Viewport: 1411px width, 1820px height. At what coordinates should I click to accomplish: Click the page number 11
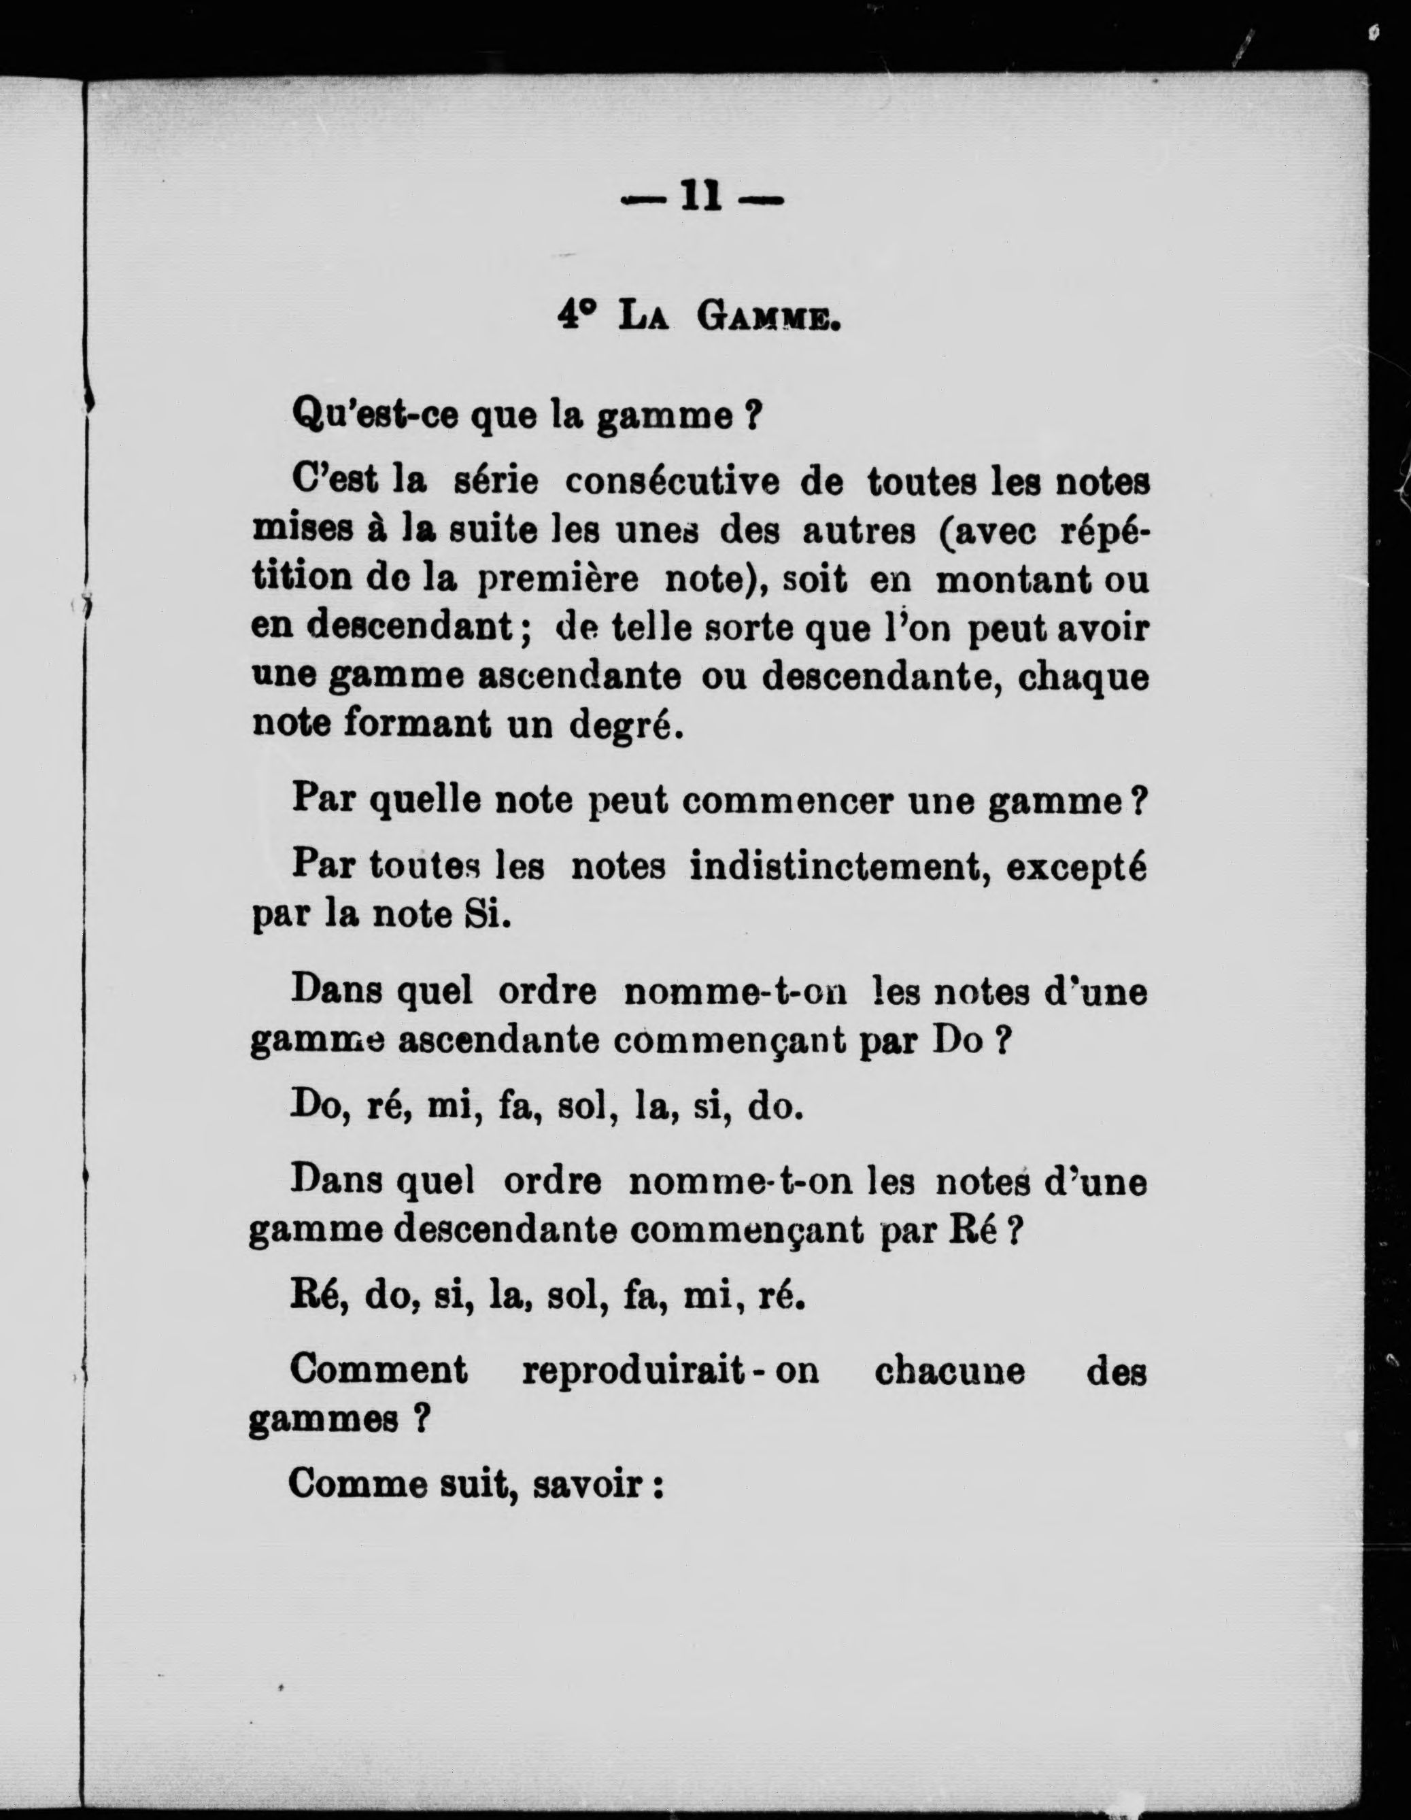pos(701,199)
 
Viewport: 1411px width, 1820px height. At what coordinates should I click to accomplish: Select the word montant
pos(1013,579)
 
